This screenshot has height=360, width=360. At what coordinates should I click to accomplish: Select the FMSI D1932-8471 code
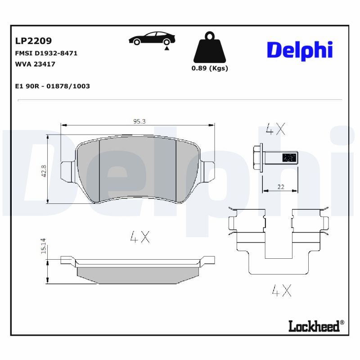point(46,53)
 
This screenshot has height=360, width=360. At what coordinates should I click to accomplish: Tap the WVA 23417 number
point(35,64)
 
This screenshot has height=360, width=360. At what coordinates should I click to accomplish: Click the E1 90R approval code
point(52,86)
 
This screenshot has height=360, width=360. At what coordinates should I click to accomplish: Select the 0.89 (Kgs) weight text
point(210,68)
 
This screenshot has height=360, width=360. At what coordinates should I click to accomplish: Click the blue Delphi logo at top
point(300,50)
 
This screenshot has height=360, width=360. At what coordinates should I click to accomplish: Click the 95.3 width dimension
point(139,121)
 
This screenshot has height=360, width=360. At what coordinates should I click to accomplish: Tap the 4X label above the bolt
point(275,130)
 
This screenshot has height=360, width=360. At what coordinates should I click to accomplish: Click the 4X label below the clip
point(282,291)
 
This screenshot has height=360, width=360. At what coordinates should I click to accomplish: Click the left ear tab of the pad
point(67,171)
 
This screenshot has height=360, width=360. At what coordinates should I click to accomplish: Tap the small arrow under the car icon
point(167,48)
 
